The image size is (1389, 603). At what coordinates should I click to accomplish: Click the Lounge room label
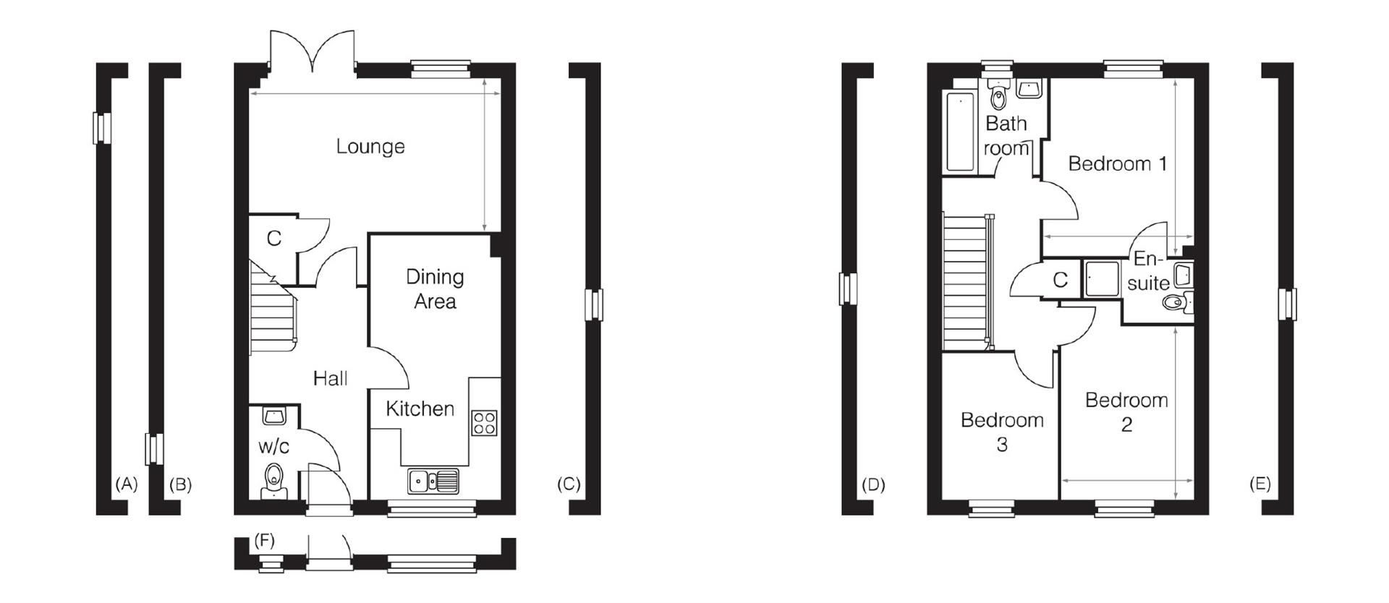370,147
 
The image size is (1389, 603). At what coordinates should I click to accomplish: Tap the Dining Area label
434,288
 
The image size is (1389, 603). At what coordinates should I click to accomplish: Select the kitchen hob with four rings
484,422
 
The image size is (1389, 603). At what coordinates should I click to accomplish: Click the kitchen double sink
433,481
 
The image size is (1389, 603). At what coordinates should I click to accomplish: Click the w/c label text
273,447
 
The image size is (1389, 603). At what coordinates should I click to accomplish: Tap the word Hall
330,378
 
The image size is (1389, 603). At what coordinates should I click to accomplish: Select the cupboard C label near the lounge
273,239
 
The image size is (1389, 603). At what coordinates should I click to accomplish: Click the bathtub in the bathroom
960,132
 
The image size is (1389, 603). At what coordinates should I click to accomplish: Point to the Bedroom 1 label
1117,164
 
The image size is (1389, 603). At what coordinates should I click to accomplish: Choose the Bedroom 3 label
1001,432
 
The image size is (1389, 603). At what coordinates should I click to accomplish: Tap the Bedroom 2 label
1126,411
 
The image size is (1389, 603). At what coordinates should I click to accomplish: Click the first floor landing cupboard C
1060,280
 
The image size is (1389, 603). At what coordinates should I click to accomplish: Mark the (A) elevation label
126,484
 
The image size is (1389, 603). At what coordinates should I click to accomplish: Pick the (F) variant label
265,539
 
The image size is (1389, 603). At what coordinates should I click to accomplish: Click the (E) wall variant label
1260,484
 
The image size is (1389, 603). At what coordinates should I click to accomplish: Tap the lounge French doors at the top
313,52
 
